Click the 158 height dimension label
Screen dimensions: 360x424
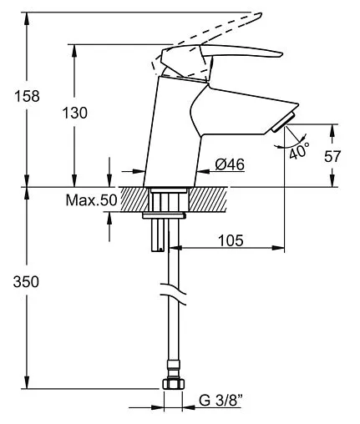point(27,96)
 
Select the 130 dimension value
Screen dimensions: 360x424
point(74,113)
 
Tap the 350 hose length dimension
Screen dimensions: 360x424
point(26,282)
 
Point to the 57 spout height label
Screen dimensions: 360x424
point(332,156)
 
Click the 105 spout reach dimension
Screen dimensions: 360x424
point(231,240)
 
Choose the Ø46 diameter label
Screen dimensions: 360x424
point(230,164)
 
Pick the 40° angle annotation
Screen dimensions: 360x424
point(299,151)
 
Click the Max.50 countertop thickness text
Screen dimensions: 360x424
point(91,200)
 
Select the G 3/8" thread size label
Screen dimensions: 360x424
point(221,401)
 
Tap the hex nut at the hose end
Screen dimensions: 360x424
point(174,384)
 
